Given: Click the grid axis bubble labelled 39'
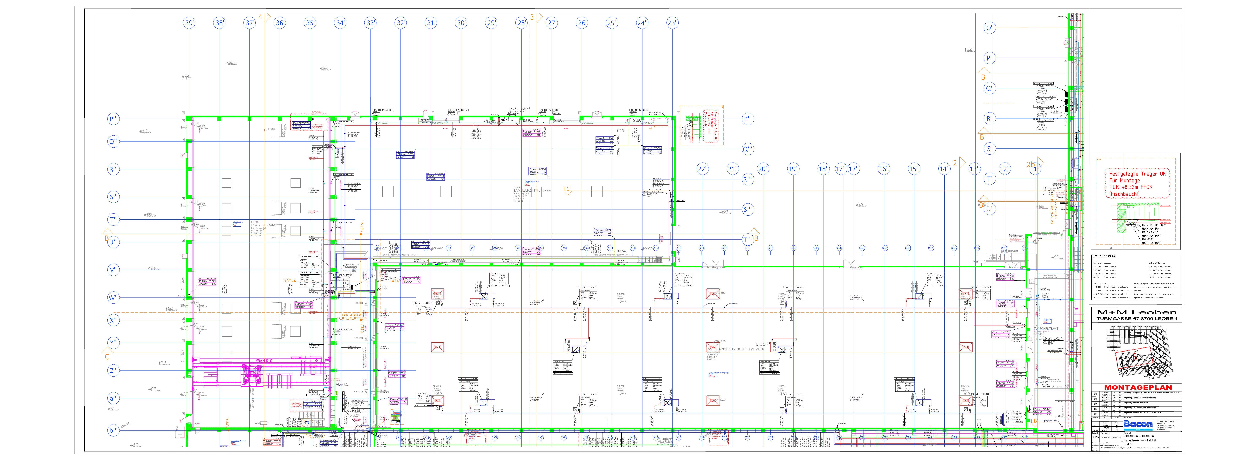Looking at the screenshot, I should tap(189, 23).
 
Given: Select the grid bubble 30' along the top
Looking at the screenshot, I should tap(461, 23).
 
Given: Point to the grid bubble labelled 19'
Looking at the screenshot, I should tap(792, 169).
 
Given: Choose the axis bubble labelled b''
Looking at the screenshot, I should tap(113, 430).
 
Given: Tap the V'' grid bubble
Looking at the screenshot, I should tap(113, 270).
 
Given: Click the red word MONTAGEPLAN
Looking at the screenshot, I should tap(1138, 387).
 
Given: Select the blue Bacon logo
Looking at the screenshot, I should tap(1138, 424).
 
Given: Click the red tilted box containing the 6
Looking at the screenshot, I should tap(1134, 357).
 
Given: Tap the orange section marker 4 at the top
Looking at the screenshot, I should tap(260, 17).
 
